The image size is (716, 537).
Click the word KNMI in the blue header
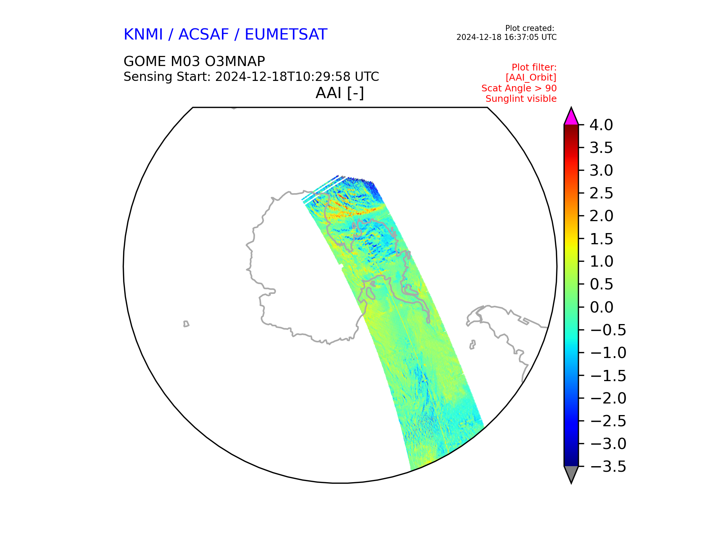coord(143,35)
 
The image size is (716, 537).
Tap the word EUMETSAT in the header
coord(286,35)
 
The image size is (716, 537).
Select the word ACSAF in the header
coord(204,35)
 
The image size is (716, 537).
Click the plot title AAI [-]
coord(340,93)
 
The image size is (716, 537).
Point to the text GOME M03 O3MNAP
coord(194,61)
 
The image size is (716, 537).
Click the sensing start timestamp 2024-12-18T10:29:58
coord(283,77)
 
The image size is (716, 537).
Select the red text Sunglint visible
coord(521,99)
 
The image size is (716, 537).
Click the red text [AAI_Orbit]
coord(531,78)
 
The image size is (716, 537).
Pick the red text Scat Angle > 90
coord(519,88)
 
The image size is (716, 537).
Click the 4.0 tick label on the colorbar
coord(601,125)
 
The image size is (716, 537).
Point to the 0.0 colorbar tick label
coord(602,307)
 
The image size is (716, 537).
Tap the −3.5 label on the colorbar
coord(608,467)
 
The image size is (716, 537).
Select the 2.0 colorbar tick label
coord(601,216)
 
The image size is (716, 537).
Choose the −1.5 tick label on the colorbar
coord(608,376)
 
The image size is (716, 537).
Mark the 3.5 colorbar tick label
coord(601,148)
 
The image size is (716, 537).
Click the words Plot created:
coord(530,28)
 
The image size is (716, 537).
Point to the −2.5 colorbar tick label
coord(608,421)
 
